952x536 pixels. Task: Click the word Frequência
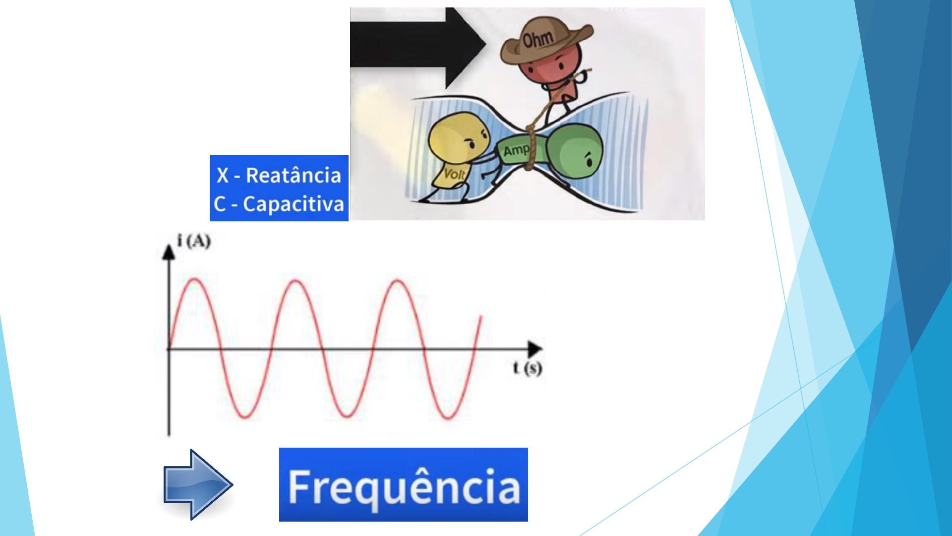click(404, 487)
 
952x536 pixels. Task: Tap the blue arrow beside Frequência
click(198, 484)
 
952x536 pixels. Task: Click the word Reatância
click(294, 175)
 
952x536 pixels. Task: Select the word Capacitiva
click(294, 204)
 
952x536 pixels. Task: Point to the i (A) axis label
click(194, 241)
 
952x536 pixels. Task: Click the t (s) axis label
click(528, 368)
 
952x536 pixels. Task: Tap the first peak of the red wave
click(195, 279)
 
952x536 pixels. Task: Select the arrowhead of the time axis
click(535, 349)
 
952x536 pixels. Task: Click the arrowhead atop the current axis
click(169, 252)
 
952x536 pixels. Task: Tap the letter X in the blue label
click(223, 176)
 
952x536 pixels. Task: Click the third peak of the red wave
click(398, 281)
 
